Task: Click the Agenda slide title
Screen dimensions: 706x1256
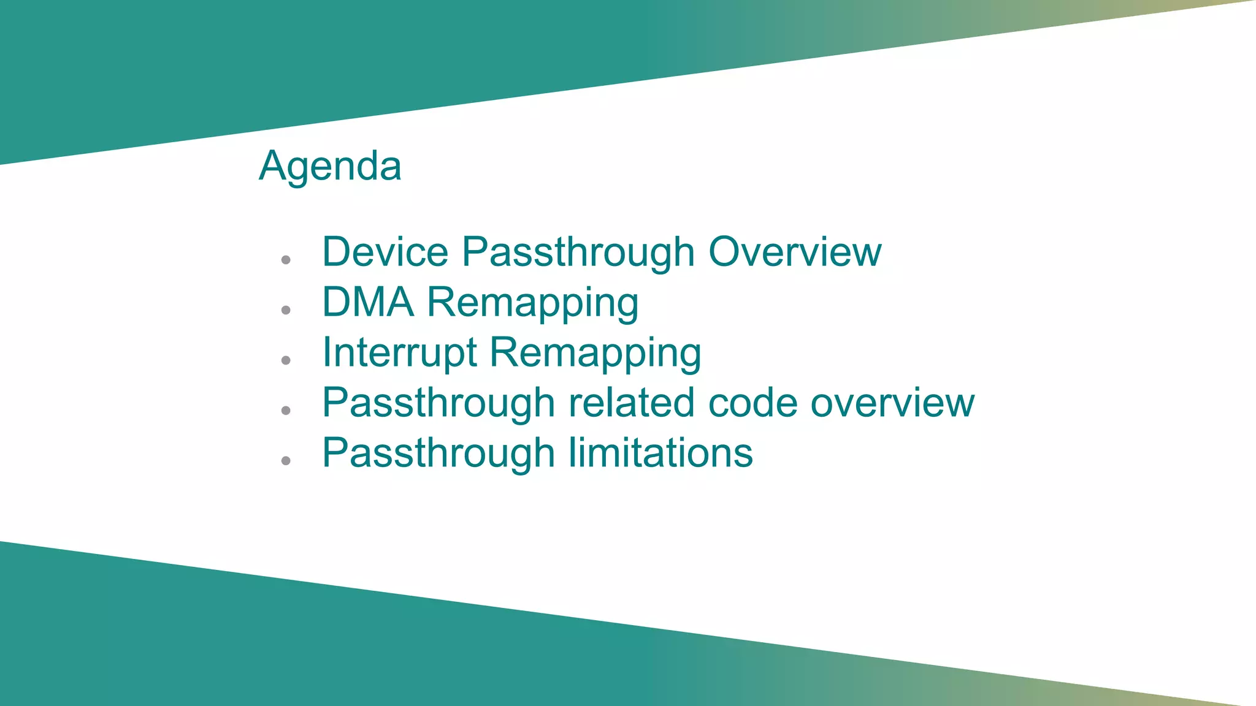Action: tap(330, 166)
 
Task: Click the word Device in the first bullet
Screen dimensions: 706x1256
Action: tap(385, 252)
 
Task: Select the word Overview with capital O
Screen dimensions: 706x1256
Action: tap(795, 252)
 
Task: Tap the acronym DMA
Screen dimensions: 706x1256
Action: tap(368, 302)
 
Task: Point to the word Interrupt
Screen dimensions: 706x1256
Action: tap(399, 352)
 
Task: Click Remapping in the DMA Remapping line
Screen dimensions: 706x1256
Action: tap(532, 303)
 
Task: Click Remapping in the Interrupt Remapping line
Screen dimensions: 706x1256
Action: tap(595, 354)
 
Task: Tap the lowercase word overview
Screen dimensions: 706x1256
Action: tap(892, 403)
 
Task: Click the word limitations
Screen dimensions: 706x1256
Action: tap(661, 453)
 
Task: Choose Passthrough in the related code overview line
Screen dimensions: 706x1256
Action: tap(438, 403)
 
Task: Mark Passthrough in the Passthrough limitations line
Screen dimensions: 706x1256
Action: tap(438, 453)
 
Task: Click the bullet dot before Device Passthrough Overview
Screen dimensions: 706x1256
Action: tap(286, 260)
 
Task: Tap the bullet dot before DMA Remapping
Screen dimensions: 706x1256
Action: tap(286, 310)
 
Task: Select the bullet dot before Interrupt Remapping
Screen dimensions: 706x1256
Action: tap(286, 360)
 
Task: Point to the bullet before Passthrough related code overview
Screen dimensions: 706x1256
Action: tap(286, 411)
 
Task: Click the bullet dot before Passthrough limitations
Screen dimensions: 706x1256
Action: tap(286, 461)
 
